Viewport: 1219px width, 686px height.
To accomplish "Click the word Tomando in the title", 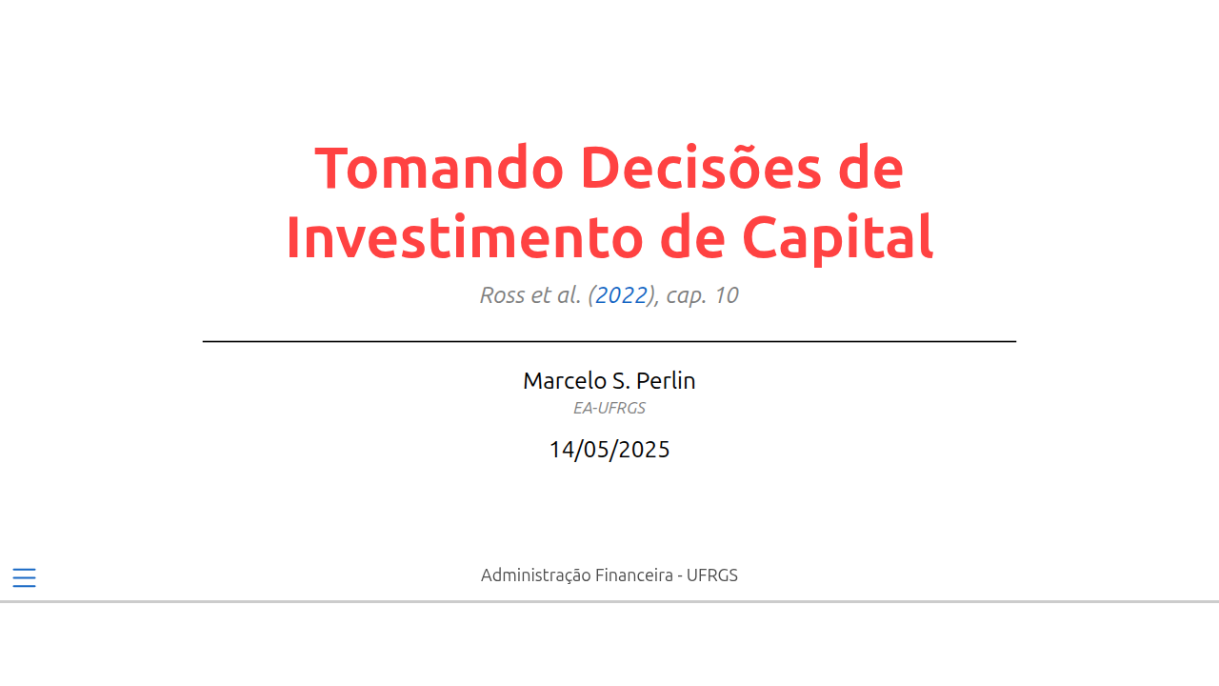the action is (439, 169).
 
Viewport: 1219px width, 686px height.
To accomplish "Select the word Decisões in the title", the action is (701, 167).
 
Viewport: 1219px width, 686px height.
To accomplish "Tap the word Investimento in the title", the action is (465, 237).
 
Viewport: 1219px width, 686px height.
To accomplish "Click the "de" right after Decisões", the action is (870, 167).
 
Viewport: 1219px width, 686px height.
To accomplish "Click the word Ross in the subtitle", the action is (502, 295).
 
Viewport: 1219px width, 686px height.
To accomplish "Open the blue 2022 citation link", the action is (622, 295).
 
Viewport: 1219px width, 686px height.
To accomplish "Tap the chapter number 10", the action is (727, 295).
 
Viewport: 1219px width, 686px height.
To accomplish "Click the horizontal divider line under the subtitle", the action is (609, 341).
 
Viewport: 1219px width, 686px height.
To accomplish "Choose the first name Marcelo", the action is (565, 380).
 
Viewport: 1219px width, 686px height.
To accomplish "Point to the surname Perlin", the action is (666, 380).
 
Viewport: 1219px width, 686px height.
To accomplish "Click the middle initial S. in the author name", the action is (622, 380).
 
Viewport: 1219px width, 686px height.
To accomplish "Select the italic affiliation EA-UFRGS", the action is (609, 409).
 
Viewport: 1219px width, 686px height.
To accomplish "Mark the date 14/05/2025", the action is (609, 450).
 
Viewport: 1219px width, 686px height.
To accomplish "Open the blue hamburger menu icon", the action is (25, 577).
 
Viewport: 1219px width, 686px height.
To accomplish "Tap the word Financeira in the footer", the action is (634, 575).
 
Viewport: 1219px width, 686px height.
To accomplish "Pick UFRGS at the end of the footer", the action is (711, 575).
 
